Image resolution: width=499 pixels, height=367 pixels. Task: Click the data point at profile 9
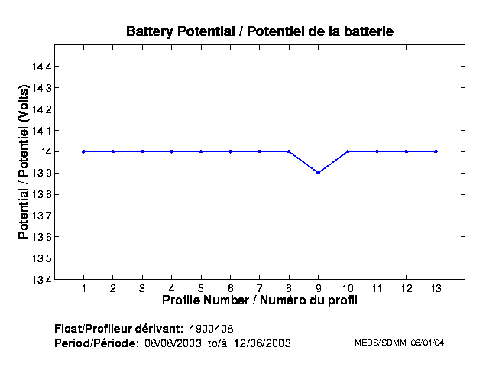(x=318, y=173)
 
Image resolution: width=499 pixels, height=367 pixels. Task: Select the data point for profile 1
(x=83, y=151)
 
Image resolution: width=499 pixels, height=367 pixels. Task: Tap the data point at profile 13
(x=436, y=151)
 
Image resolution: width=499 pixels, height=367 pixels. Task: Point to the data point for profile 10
(x=348, y=151)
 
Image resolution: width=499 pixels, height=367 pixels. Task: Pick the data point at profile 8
(x=289, y=151)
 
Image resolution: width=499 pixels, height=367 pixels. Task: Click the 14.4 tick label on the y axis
(x=41, y=67)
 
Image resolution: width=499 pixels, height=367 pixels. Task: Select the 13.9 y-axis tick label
(x=41, y=173)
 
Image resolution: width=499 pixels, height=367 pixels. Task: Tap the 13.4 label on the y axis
(x=41, y=279)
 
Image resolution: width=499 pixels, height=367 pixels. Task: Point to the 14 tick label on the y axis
(x=47, y=151)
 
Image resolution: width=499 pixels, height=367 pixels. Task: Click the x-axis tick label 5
(x=201, y=289)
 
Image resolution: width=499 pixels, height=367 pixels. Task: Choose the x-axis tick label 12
(x=407, y=289)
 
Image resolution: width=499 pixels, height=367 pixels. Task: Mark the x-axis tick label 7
(x=260, y=289)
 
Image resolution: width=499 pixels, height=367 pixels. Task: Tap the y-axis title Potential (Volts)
(x=24, y=173)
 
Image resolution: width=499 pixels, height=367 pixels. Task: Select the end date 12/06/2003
(x=264, y=343)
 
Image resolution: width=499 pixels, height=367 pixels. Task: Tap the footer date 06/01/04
(x=427, y=343)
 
